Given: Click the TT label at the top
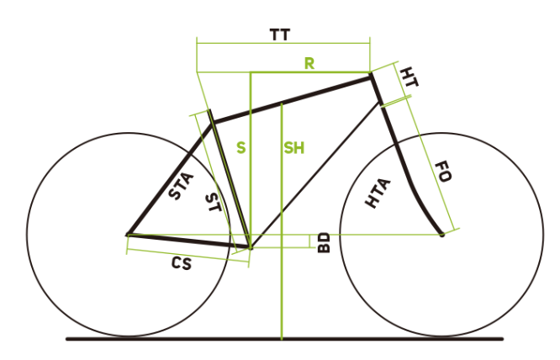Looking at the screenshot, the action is (280, 35).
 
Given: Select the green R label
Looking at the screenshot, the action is (309, 64).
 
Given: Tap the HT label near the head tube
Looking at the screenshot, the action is (409, 77).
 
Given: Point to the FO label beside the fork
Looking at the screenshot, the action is (443, 172).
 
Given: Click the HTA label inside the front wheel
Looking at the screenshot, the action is (378, 193).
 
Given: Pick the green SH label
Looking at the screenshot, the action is (294, 148).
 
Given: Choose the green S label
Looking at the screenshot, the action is (241, 147).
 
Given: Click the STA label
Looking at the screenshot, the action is (181, 186).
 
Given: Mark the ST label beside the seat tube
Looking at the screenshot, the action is (214, 202).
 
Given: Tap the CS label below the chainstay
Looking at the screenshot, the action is (182, 263).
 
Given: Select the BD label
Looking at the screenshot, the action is (324, 243).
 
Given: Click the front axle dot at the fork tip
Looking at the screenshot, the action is (442, 235).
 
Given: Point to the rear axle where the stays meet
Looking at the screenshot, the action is (128, 235).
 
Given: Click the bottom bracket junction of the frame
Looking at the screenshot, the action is (250, 246).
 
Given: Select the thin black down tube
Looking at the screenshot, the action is (315, 174).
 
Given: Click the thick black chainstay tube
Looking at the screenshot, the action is (188, 241).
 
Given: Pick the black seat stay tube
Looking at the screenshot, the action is (171, 178).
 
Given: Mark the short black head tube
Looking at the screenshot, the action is (376, 88).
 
